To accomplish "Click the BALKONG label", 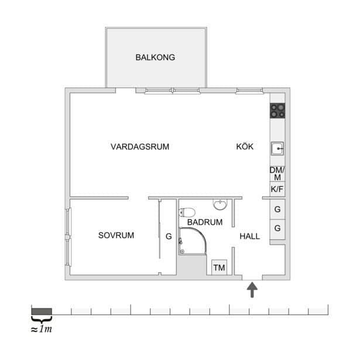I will pos(155,57).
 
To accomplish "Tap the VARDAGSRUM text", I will pos(139,147).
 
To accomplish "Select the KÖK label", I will pos(245,147).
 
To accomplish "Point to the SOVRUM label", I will pos(116,235).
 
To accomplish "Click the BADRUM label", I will pos(205,222).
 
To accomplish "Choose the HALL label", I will pos(250,236).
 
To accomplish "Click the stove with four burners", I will pos(277,110).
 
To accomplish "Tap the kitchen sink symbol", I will pos(277,149).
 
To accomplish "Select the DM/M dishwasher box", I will pos(277,173).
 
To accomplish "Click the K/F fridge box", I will pos(277,189).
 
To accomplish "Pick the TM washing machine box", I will pos(220,268).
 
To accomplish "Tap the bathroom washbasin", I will pos(220,205).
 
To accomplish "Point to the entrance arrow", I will pos(252,290).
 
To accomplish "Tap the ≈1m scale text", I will pos(42,329).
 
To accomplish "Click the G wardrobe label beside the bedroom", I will pos(168,237).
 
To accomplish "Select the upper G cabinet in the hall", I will pos(277,209).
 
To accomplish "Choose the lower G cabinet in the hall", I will pos(277,228).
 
